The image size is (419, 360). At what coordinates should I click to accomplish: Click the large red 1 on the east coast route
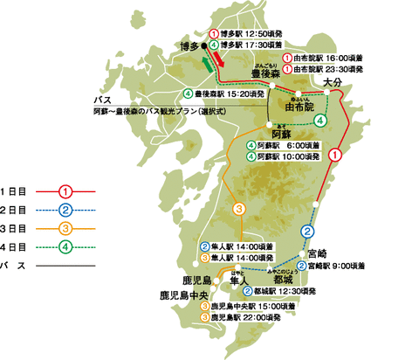[x=334, y=153]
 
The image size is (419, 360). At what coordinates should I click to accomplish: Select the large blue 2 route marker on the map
[x=307, y=231]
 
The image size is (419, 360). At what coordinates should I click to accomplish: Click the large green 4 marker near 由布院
[x=321, y=120]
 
